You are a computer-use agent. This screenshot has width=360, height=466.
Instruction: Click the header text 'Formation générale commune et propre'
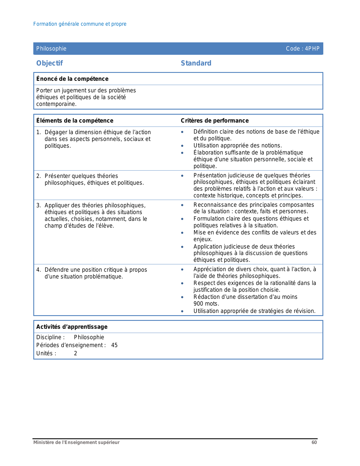(80, 24)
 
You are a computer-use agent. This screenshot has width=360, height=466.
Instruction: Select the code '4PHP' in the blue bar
(312, 49)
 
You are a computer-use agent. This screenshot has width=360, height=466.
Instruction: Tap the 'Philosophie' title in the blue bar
(51, 49)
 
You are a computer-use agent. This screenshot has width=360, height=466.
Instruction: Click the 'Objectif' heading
(49, 63)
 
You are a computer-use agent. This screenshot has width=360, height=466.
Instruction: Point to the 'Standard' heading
(196, 63)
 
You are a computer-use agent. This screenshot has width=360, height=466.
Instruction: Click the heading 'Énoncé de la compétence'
(72, 79)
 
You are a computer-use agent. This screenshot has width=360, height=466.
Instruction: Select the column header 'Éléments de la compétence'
(75, 121)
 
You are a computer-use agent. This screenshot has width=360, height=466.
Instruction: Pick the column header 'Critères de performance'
(215, 121)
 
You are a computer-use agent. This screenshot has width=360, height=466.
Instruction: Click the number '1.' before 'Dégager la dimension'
(39, 132)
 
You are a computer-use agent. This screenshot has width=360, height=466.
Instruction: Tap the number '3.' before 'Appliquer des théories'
(39, 205)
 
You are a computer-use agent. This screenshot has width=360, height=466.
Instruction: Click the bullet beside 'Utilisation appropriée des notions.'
(182, 146)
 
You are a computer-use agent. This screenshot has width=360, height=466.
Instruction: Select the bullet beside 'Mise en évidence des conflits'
(182, 233)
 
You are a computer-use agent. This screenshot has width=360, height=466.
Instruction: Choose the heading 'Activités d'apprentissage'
(72, 327)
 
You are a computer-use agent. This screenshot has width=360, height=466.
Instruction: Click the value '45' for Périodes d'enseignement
(114, 345)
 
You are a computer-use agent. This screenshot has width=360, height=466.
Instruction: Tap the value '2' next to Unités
(75, 353)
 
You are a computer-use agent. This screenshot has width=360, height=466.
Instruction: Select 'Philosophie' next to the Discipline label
(89, 337)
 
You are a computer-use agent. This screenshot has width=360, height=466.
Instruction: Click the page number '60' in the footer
(314, 443)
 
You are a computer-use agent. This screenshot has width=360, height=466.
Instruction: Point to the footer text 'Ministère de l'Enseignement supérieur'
(76, 443)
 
